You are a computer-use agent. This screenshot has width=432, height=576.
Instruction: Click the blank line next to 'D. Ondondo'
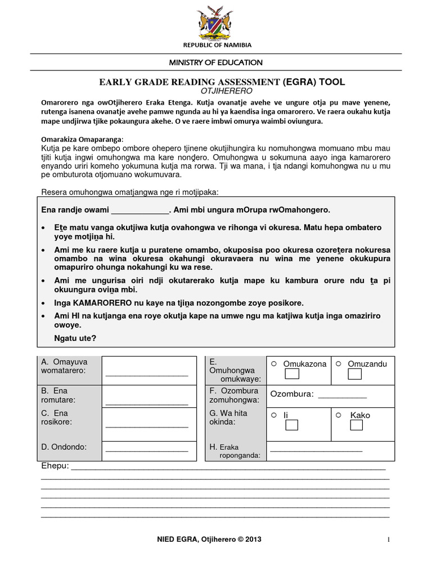[147, 449]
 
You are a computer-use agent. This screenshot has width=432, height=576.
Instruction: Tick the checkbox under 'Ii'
[291, 426]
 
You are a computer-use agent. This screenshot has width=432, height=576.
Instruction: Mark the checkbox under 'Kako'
[356, 426]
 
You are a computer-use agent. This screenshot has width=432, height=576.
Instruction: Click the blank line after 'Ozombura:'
[342, 396]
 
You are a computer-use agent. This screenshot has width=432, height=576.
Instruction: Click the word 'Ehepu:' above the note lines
[55, 466]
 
